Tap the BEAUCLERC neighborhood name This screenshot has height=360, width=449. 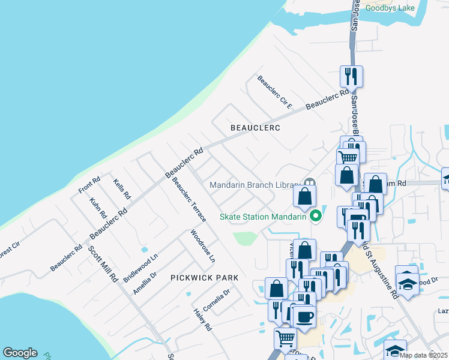[x=256, y=128]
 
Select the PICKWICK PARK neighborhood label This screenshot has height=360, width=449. [x=205, y=278]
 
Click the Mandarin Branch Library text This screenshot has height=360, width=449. [x=254, y=185]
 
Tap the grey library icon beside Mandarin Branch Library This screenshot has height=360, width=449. [x=310, y=183]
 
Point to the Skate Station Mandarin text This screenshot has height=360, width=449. [x=264, y=217]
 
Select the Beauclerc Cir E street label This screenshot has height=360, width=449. [x=274, y=92]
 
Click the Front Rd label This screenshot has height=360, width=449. [x=89, y=185]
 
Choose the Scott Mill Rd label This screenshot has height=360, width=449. [x=103, y=265]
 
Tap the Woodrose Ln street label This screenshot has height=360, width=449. [x=202, y=247]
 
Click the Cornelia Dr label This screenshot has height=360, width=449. [x=216, y=301]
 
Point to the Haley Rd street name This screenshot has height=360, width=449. [x=203, y=320]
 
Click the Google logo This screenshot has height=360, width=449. [x=20, y=353]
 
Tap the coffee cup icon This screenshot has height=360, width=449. [x=304, y=316]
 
